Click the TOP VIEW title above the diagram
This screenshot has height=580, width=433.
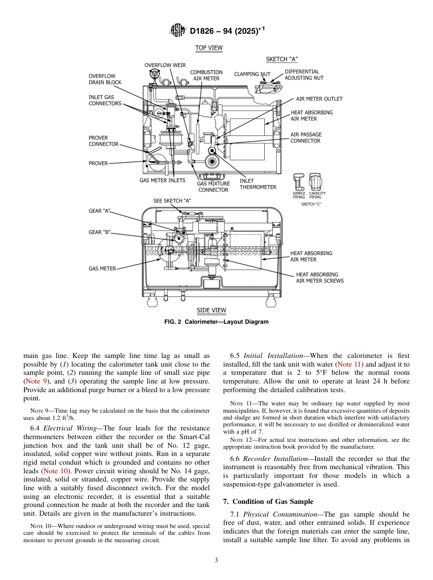(209, 48)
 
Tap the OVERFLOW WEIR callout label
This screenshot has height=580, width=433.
(165, 65)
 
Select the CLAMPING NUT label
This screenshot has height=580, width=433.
(252, 74)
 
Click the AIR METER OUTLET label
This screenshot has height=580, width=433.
(319, 98)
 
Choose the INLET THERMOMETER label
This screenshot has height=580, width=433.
(258, 184)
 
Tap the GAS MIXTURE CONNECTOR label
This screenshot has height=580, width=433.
(213, 186)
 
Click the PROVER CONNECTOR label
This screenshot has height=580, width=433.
(103, 141)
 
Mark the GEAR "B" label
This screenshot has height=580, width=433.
(99, 232)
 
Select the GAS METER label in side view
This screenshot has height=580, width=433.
(102, 269)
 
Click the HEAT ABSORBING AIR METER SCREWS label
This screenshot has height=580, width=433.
(320, 278)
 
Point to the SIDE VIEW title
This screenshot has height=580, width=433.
(211, 311)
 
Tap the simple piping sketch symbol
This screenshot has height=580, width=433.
(299, 182)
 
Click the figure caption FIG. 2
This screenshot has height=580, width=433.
(216, 322)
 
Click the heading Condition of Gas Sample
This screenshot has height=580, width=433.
(268, 502)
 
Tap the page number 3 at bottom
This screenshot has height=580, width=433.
(216, 560)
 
